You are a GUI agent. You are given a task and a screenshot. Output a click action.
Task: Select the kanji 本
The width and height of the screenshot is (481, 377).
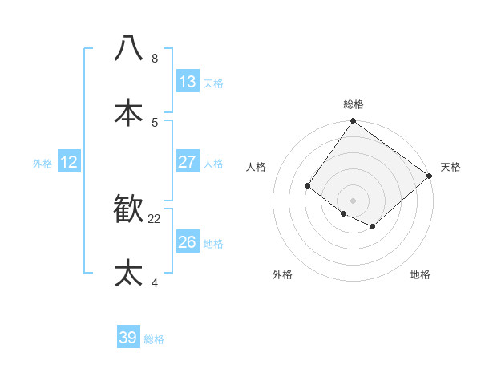(x=128, y=112)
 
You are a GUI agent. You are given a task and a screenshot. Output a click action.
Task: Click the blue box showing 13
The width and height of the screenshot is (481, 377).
(x=187, y=82)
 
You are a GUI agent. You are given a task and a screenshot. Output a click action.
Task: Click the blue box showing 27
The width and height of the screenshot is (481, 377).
(x=187, y=162)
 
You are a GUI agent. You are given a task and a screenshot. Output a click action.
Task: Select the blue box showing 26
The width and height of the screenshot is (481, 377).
(x=187, y=242)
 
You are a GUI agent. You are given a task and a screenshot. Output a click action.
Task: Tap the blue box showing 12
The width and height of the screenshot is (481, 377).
(x=69, y=162)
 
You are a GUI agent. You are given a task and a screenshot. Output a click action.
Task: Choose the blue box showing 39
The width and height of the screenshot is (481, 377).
(x=128, y=338)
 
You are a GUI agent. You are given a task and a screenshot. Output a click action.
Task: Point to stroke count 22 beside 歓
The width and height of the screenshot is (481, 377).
(x=155, y=218)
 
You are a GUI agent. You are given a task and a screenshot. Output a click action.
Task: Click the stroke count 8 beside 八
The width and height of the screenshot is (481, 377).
(x=155, y=58)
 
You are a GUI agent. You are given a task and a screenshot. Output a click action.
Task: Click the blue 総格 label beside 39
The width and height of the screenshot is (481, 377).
(x=154, y=339)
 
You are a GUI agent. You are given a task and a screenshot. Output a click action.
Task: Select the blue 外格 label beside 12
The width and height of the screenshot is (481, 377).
(x=42, y=164)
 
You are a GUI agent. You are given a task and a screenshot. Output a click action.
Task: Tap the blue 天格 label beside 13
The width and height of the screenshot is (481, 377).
(x=212, y=83)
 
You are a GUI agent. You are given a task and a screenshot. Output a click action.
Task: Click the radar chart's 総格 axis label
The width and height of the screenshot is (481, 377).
(x=354, y=104)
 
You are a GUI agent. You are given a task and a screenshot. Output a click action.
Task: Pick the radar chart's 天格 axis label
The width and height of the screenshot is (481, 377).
(x=451, y=167)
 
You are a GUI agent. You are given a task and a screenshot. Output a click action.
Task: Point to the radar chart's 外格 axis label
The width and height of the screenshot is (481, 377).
(x=282, y=274)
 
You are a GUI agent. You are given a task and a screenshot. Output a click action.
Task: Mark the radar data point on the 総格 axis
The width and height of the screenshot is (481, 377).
(x=354, y=121)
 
